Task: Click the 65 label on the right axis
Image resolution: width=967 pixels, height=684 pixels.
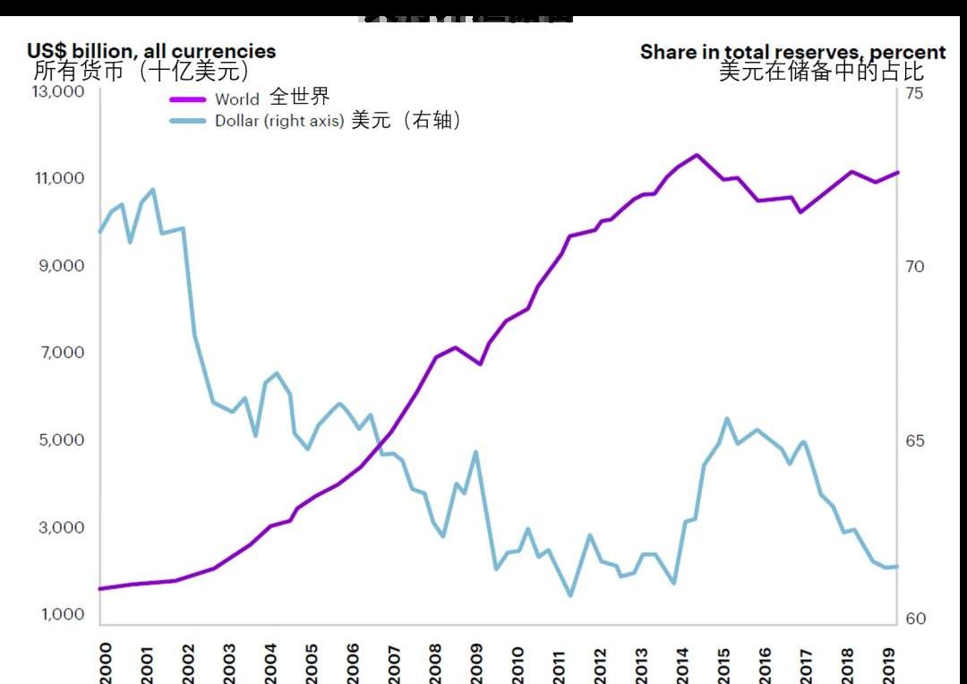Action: (914, 441)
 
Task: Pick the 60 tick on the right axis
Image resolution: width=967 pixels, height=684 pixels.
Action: (914, 619)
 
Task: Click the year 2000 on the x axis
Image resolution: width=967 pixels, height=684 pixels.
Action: (106, 662)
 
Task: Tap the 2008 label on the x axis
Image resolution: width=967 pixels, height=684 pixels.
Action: (435, 663)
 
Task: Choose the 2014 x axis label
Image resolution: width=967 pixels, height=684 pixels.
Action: (682, 663)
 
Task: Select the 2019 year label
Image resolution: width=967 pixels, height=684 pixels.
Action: (888, 663)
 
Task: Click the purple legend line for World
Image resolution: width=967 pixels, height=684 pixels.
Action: (187, 99)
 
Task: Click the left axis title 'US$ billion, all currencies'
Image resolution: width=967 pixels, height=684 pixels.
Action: (151, 51)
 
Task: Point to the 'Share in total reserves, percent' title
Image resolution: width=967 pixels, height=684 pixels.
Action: (792, 52)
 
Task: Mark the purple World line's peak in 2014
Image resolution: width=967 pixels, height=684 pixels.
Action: (697, 155)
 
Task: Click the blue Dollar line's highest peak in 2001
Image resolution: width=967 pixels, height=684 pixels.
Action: (153, 189)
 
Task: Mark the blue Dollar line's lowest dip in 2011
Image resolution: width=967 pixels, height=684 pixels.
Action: (570, 595)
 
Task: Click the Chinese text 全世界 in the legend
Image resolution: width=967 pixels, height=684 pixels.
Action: (300, 97)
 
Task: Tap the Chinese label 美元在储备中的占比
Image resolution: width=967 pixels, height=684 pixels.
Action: (821, 72)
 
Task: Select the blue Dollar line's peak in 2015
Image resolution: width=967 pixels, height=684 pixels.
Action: (727, 418)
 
